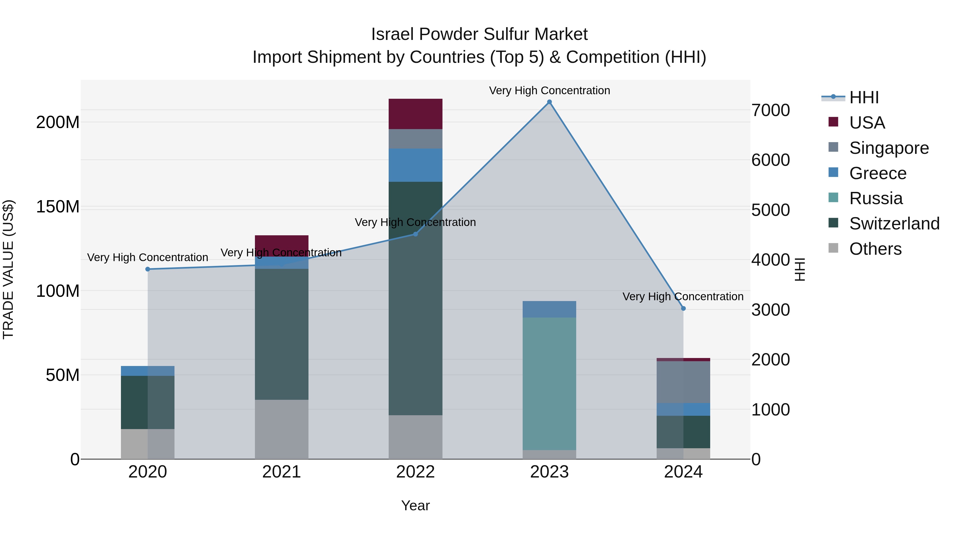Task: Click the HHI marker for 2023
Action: point(549,102)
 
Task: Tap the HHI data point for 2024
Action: point(683,308)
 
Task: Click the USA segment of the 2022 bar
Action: point(416,114)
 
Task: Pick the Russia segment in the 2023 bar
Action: point(549,383)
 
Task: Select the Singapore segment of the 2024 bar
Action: point(683,382)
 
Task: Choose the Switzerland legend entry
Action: point(894,224)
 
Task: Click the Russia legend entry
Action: point(876,198)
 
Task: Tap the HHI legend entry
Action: point(864,97)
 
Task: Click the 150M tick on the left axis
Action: point(58,207)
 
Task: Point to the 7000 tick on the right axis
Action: point(770,110)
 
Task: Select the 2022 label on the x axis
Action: point(416,472)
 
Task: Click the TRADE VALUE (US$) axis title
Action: point(8,269)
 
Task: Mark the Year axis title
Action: point(416,505)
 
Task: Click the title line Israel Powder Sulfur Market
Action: point(479,34)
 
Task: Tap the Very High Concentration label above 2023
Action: point(549,90)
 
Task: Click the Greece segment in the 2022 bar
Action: point(416,165)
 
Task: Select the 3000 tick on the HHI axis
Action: point(770,310)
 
